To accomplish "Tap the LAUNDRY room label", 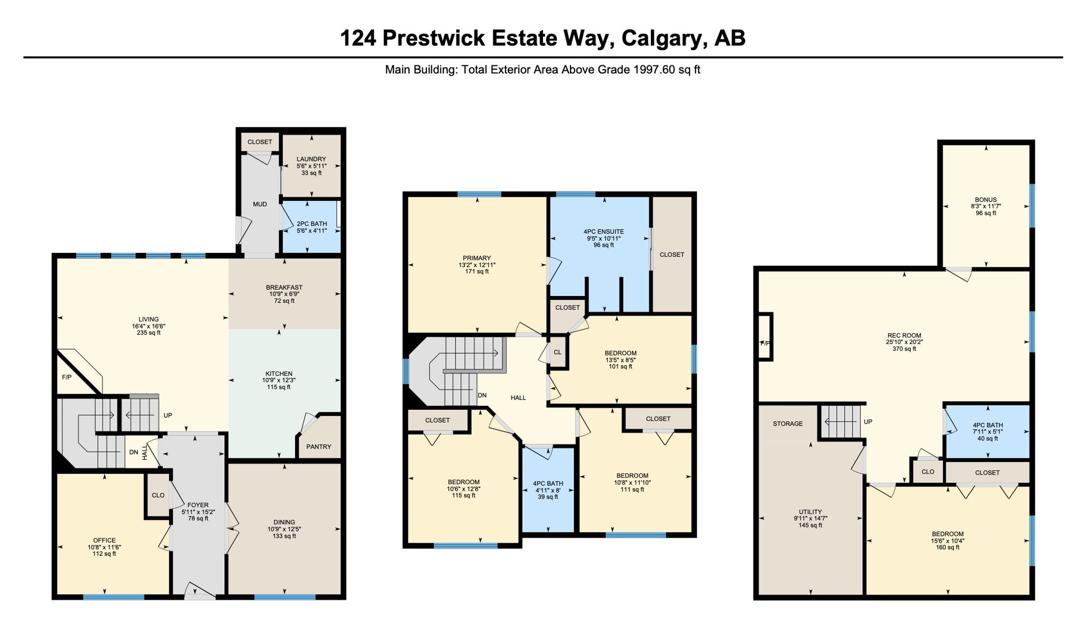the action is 312,159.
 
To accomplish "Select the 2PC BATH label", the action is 312,224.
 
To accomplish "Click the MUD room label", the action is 260,204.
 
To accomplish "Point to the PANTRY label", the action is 319,446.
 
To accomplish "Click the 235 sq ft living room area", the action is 149,333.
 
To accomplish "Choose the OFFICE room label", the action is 104,540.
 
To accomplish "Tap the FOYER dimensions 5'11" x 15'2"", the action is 198,512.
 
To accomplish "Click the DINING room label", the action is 284,522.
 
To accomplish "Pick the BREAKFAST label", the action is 284,288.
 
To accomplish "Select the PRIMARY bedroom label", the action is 477,258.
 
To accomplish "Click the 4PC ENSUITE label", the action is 604,232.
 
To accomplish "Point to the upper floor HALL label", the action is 518,398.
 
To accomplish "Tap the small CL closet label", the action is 558,352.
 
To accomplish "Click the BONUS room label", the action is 986,200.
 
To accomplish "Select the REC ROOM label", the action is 904,335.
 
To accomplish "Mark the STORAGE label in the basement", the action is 788,424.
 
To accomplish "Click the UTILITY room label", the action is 810,512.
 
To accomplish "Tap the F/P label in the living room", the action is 67,377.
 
